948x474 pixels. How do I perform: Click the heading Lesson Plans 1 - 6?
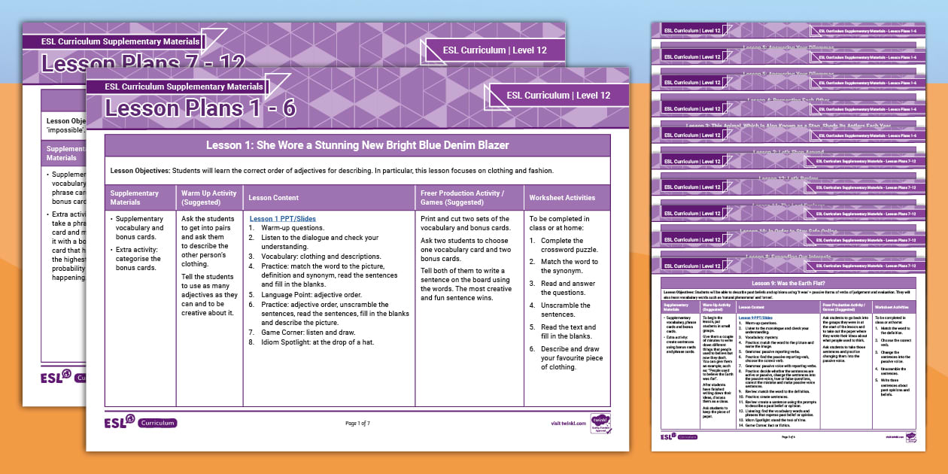pyautogui.click(x=200, y=109)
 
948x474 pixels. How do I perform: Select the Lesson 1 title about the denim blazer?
pyautogui.click(x=357, y=145)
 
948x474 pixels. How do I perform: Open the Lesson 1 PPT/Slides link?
pyautogui.click(x=282, y=219)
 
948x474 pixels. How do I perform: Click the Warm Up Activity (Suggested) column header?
pyautogui.click(x=208, y=198)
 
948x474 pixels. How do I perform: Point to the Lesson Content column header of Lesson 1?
pyautogui.click(x=274, y=198)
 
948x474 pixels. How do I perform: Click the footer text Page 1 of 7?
pyautogui.click(x=357, y=424)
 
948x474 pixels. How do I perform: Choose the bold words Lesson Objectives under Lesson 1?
pyautogui.click(x=140, y=171)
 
